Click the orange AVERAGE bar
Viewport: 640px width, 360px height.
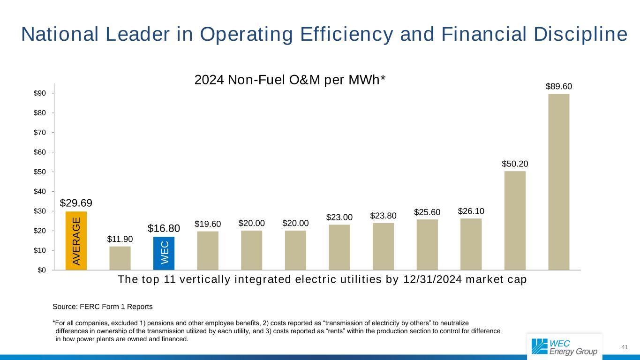pos(76,241)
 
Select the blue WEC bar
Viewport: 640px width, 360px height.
pos(164,253)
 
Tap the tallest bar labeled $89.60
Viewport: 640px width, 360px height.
pos(558,182)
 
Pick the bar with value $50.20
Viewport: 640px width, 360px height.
pos(515,220)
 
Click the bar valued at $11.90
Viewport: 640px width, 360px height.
pos(120,258)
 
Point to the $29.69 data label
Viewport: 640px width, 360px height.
pos(76,203)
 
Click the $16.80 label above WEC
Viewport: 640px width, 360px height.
pos(164,228)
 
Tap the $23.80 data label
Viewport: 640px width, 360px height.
pos(383,216)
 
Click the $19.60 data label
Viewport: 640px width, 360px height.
pos(208,224)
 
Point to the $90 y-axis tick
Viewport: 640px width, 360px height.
pos(39,93)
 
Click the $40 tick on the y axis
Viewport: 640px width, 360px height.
pos(39,191)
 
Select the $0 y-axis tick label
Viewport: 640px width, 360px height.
pos(41,270)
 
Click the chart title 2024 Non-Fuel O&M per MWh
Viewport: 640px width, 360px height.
pos(290,80)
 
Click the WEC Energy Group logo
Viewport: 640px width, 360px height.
pos(565,346)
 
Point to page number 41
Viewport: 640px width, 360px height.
pos(624,347)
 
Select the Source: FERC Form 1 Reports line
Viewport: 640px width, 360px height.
pos(103,307)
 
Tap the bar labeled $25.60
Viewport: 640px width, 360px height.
pos(427,245)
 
